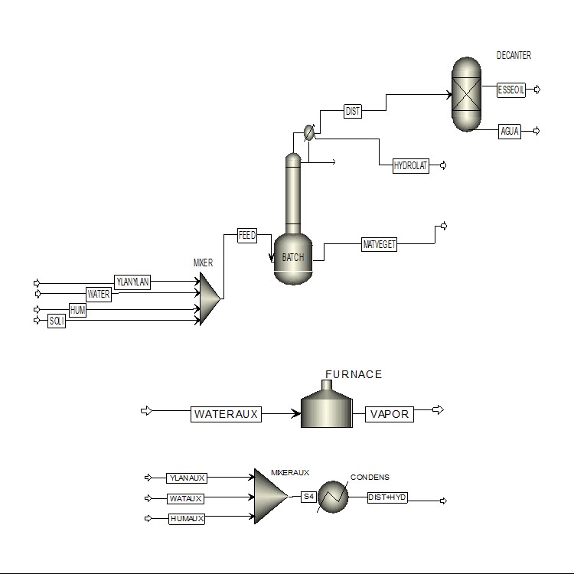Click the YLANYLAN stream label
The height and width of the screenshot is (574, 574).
(132, 282)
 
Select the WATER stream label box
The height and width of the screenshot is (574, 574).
(99, 294)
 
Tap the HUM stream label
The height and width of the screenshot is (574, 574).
(77, 310)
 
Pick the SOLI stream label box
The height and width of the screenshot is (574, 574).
(57, 321)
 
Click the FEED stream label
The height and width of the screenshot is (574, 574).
(247, 235)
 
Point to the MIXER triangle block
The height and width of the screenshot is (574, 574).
(210, 298)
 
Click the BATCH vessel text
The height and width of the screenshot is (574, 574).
(293, 257)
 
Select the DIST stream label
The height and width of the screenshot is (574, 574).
(353, 111)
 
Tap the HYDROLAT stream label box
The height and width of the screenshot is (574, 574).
(411, 166)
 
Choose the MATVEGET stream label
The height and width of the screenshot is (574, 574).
(380, 244)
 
